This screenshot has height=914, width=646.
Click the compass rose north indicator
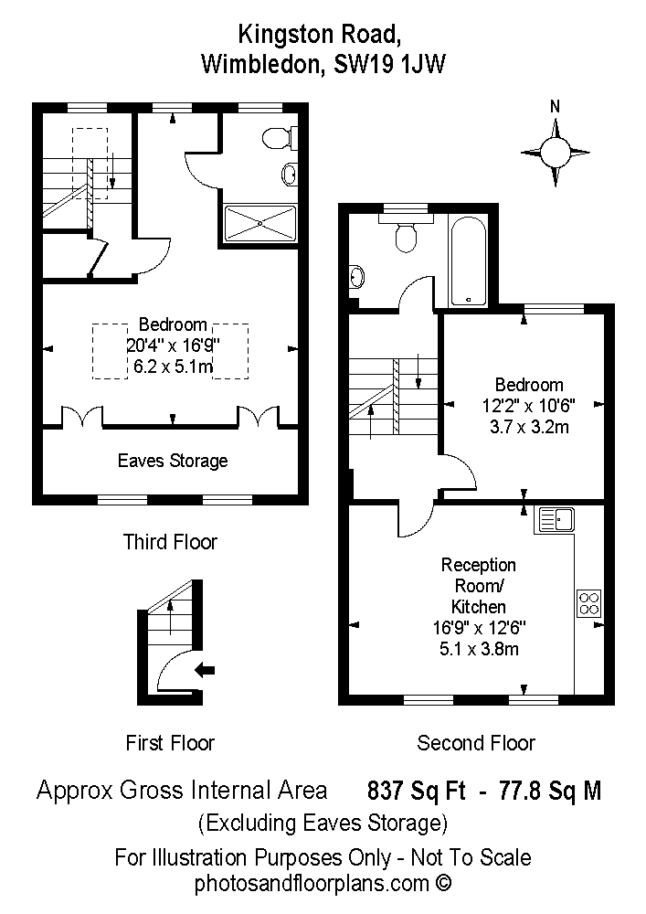point(556,107)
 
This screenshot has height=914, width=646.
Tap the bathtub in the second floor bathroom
point(469,261)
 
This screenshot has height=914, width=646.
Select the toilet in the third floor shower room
point(280,139)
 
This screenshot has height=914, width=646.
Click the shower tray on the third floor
point(260,222)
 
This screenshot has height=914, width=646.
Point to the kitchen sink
point(556,519)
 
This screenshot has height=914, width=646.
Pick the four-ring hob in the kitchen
point(589,602)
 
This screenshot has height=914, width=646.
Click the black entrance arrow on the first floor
point(205,670)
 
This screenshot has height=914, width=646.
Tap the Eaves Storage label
point(173,461)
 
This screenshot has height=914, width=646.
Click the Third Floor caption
point(170,542)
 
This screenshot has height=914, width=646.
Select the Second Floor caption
point(476,743)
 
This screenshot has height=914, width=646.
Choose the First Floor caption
point(170,743)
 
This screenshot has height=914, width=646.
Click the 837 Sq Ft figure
point(417,791)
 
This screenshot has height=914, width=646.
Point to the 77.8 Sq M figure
point(550,791)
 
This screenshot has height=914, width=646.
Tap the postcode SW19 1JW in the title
point(389,64)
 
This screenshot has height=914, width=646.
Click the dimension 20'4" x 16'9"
point(173,345)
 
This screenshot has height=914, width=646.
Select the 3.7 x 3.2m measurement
point(529,427)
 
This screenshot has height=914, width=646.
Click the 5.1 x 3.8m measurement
point(479,649)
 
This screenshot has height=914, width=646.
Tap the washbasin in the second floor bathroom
point(356,276)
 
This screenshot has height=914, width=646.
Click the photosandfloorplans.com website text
point(323,884)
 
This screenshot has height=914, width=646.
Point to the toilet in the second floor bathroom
point(406,233)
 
